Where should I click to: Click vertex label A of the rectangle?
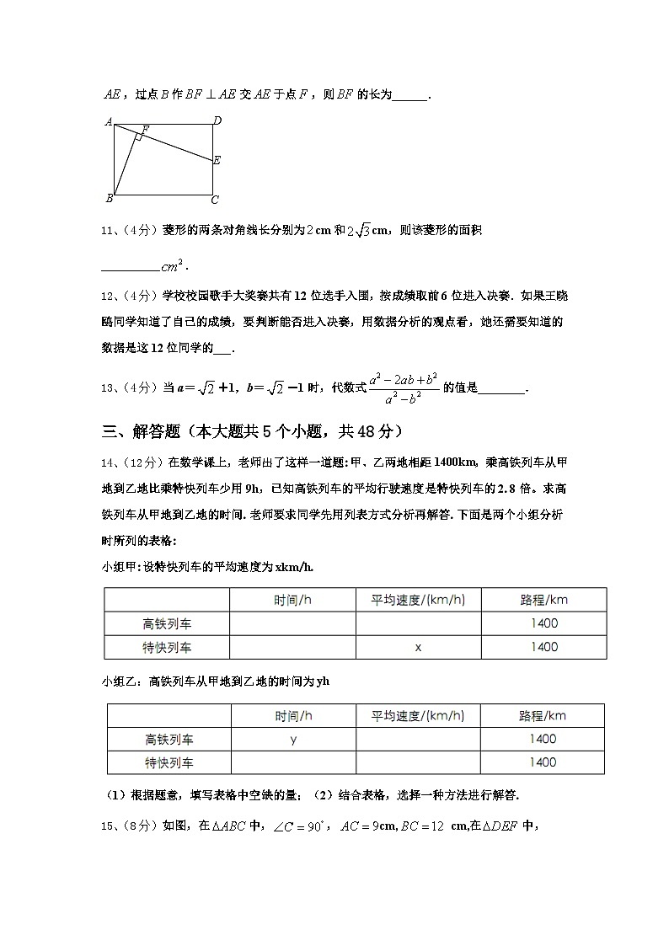pos(109,121)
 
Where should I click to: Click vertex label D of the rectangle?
pos(217,120)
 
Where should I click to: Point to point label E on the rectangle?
pos(217,160)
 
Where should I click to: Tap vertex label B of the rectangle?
pos(109,199)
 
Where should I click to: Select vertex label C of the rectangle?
pos(215,200)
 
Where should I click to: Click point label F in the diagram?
pos(145,130)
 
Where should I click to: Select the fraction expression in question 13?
pos(404,388)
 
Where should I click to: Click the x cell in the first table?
pos(418,647)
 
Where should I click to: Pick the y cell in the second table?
pos(293,739)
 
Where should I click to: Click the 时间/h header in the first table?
pos(292,600)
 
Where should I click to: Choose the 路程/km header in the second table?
pos(543,716)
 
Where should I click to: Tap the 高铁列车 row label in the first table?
pos(167,623)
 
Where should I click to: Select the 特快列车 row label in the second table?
pos(169,762)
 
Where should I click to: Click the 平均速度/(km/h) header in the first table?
pos(418,600)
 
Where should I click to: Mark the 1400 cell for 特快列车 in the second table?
pos(543,762)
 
